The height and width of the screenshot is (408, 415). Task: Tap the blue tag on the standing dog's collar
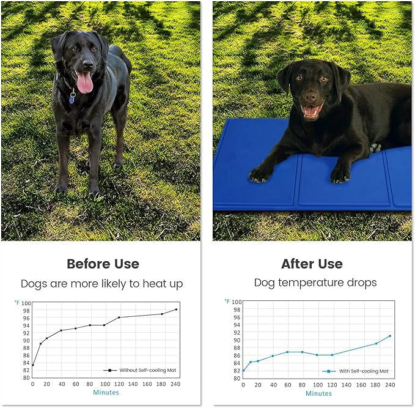pyautogui.click(x=72, y=100)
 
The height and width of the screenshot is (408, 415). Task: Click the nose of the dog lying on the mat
pyautogui.click(x=310, y=97)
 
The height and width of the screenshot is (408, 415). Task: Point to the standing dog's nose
pyautogui.click(x=88, y=64)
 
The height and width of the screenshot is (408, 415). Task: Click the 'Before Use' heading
pyautogui.click(x=103, y=264)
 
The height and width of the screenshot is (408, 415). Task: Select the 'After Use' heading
pyautogui.click(x=312, y=264)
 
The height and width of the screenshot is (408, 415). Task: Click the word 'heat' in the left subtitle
pyautogui.click(x=154, y=283)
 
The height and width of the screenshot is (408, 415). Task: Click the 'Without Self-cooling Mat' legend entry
pyautogui.click(x=140, y=370)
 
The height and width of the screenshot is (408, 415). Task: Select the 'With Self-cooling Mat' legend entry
pyautogui.click(x=356, y=371)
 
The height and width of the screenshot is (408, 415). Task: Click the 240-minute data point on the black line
pyautogui.click(x=176, y=309)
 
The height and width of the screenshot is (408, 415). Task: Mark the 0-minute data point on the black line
pyautogui.click(x=32, y=365)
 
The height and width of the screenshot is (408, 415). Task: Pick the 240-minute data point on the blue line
pyautogui.click(x=390, y=336)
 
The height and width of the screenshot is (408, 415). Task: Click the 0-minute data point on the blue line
pyautogui.click(x=243, y=370)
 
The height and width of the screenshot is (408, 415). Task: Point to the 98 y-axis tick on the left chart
pyautogui.click(x=26, y=311)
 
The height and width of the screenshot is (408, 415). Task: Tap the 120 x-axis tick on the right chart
pyautogui.click(x=332, y=385)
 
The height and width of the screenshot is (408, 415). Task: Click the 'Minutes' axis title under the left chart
pyautogui.click(x=106, y=392)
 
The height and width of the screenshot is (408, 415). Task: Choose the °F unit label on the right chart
pyautogui.click(x=227, y=301)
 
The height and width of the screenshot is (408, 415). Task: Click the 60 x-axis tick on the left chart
pyautogui.click(x=76, y=384)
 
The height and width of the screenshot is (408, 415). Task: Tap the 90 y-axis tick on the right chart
pyautogui.click(x=237, y=340)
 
